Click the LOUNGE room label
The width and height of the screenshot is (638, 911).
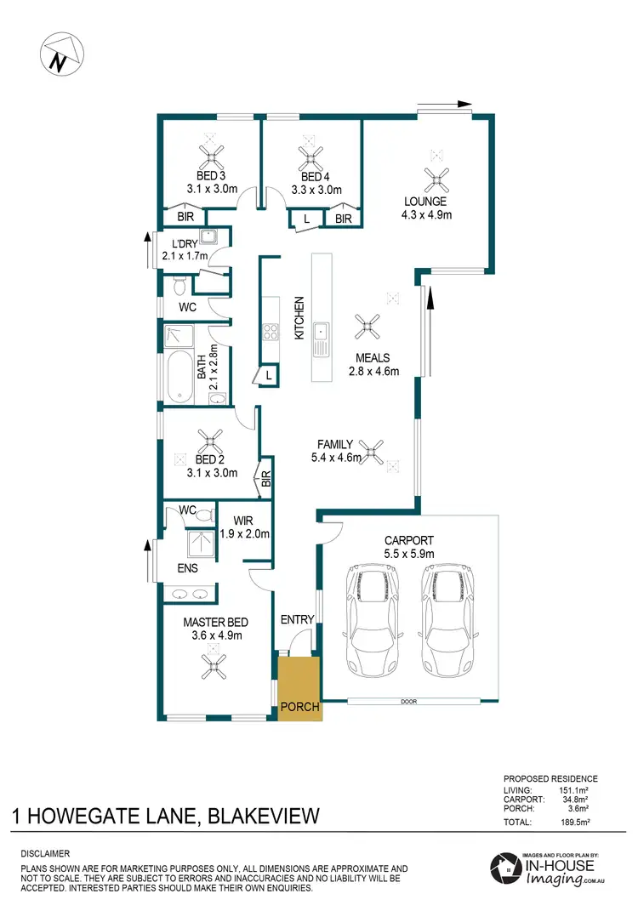coord(426,202)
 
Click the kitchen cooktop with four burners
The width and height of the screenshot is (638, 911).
coord(271,332)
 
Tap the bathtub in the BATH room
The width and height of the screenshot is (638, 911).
coord(180,375)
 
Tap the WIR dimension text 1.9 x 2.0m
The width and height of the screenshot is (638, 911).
coord(244,535)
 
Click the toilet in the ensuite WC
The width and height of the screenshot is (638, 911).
coord(202,513)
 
